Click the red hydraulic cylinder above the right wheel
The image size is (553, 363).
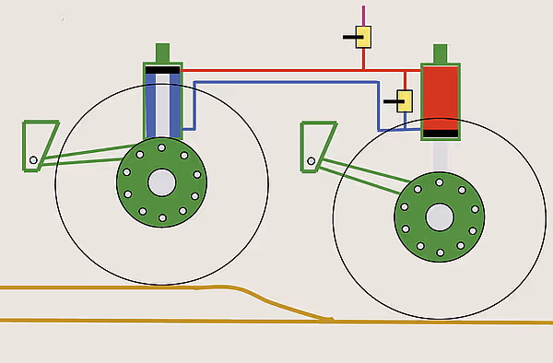point(440,97)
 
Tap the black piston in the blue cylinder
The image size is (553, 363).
point(162,70)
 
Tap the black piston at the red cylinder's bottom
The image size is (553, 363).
point(440,134)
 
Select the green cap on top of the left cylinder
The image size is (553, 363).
point(163,52)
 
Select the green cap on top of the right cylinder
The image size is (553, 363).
point(440,53)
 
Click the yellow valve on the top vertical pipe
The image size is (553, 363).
point(364,37)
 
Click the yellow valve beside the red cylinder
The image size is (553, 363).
point(404,100)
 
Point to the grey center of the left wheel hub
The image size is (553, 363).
point(162,181)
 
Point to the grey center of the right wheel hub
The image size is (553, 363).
point(439,217)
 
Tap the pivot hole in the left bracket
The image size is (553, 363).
point(33,161)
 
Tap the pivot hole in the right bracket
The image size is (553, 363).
point(312,160)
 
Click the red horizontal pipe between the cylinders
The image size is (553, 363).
point(276,69)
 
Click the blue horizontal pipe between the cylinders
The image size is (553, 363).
point(286,82)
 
